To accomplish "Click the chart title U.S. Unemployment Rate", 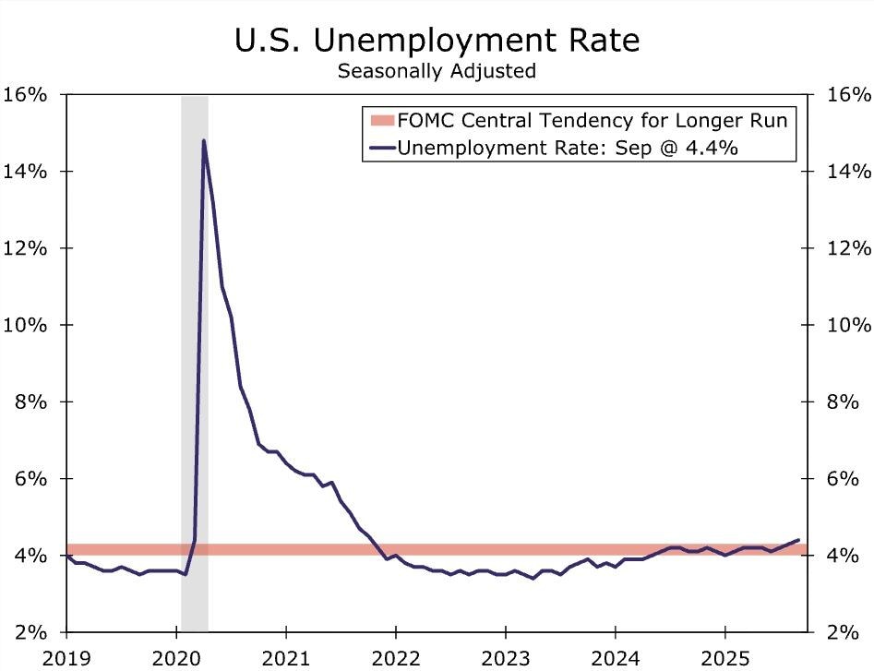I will pyautogui.click(x=437, y=41).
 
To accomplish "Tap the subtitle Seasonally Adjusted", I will pyautogui.click(x=437, y=70).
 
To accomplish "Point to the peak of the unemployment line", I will pyautogui.click(x=203, y=141).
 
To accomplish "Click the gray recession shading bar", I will pyautogui.click(x=194, y=369).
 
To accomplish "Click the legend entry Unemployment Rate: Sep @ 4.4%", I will pyautogui.click(x=567, y=148).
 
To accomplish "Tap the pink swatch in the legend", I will pyautogui.click(x=381, y=121).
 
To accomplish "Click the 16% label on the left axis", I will pyautogui.click(x=27, y=94).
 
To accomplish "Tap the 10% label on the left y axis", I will pyautogui.click(x=27, y=325).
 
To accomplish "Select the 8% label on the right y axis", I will pyautogui.click(x=844, y=401).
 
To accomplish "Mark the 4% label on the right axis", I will pyautogui.click(x=844, y=556).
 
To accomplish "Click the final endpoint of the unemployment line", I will pyautogui.click(x=798, y=540).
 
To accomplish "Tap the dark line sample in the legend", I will pyautogui.click(x=381, y=148).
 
